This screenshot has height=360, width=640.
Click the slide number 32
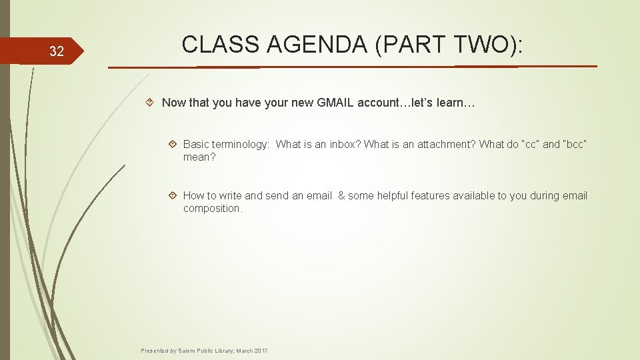tap(57, 51)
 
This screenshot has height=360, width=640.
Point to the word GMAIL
tap(333, 103)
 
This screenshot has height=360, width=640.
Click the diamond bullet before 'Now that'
tap(151, 103)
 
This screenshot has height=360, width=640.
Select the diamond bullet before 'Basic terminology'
tap(173, 144)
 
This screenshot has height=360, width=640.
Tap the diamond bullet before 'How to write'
tap(173, 195)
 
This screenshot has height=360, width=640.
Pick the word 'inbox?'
tap(346, 144)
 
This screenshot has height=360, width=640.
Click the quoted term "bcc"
tap(575, 144)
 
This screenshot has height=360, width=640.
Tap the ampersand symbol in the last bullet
tap(341, 195)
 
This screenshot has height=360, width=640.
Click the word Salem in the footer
tap(189, 351)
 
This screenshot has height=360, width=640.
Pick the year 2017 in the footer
tap(261, 351)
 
